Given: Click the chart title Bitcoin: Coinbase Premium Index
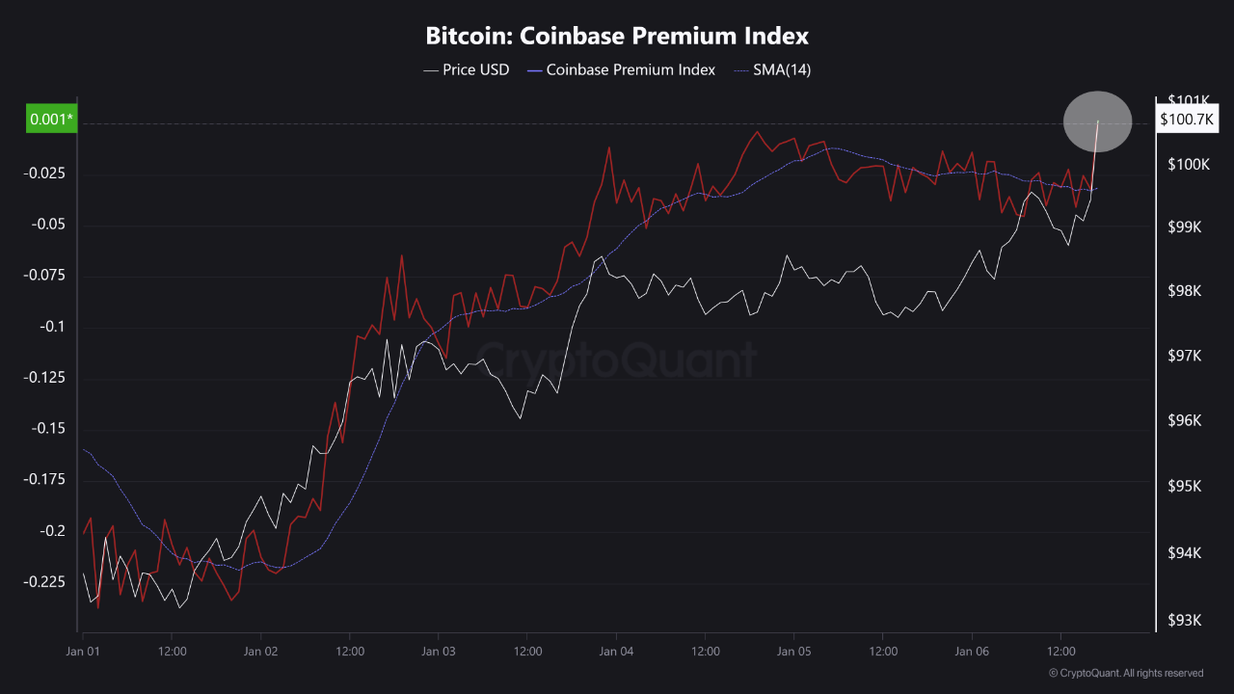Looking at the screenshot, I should tap(617, 37).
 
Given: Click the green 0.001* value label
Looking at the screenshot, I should tap(50, 120).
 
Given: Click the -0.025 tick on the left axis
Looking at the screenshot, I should tap(44, 173).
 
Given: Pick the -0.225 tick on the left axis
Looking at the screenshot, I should tap(44, 582).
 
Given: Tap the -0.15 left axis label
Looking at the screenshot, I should tap(48, 429).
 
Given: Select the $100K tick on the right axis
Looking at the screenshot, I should tap(1189, 165).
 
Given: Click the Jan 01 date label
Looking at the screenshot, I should tap(83, 652).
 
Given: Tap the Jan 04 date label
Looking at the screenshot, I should tap(616, 652).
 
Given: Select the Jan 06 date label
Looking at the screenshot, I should tap(972, 652).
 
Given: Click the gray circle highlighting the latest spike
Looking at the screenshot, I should tap(1097, 121).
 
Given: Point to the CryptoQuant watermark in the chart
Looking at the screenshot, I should tap(617, 360).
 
